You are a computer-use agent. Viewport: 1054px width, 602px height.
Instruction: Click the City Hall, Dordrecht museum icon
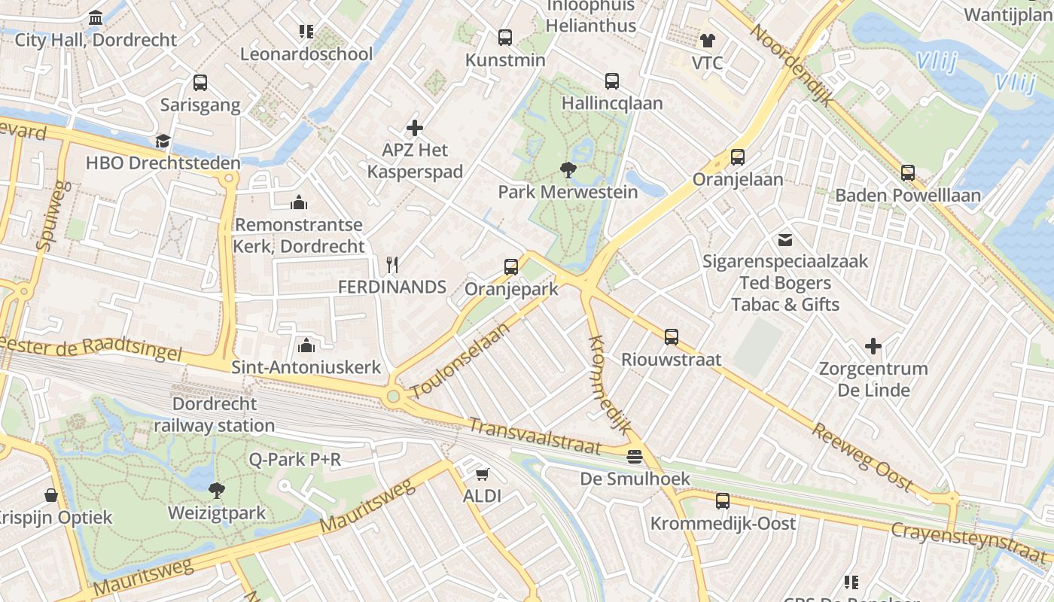(96, 17)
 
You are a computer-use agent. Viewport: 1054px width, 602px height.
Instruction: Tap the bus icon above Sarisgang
(200, 83)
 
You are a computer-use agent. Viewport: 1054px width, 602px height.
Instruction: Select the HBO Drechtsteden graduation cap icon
(163, 141)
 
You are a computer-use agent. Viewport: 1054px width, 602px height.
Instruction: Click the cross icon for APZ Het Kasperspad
(414, 128)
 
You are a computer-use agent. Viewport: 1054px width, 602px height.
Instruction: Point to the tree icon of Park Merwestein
(568, 170)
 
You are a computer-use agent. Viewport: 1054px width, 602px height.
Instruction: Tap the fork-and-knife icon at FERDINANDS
(391, 265)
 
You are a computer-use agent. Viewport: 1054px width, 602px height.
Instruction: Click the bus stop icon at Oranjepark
(511, 266)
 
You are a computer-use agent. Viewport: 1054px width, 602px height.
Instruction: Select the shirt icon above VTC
(707, 41)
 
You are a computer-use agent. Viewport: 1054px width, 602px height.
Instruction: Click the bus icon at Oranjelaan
(738, 157)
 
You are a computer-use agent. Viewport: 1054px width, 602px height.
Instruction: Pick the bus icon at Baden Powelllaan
(908, 173)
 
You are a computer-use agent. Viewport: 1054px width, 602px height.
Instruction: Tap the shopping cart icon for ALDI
(482, 474)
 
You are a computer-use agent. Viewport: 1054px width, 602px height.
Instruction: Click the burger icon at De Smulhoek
(635, 457)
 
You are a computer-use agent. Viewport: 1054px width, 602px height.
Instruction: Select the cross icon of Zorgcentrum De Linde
(873, 346)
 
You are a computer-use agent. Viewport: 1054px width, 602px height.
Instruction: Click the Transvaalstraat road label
(535, 436)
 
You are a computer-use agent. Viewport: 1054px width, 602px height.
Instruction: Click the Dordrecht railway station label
(215, 415)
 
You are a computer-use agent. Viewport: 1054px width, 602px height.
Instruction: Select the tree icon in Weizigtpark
(217, 491)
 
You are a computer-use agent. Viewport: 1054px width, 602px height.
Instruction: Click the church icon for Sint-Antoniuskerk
(306, 345)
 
